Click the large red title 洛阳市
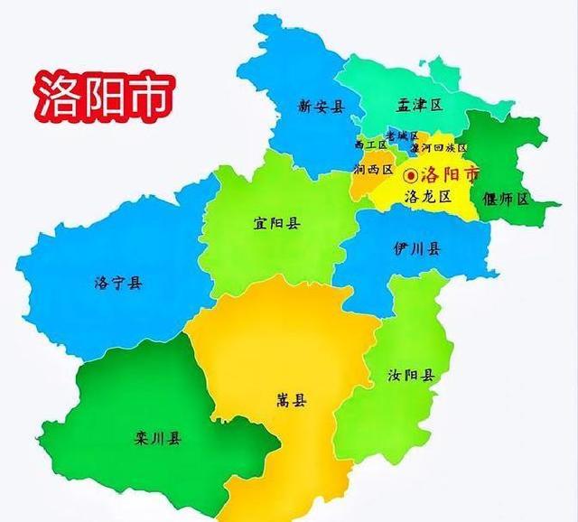coord(100,94)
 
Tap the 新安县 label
coord(322,107)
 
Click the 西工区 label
coord(370,145)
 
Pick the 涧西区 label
coord(374,170)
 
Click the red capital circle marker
coord(412,174)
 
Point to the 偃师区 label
coord(506,199)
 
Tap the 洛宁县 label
coord(117,284)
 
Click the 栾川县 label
coord(157,440)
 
